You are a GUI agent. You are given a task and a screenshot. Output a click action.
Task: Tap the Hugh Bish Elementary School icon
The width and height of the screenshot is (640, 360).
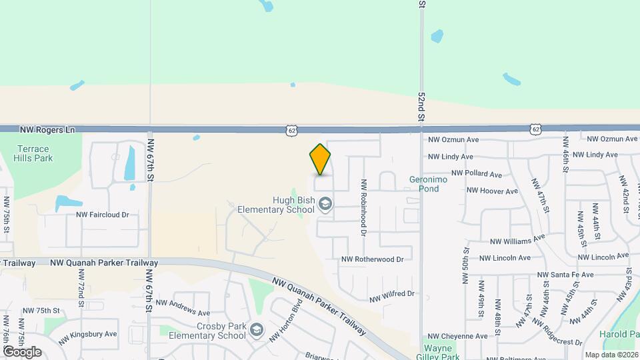click(326, 204)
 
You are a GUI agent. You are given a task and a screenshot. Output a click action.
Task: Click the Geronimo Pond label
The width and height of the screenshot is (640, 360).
click(424, 184)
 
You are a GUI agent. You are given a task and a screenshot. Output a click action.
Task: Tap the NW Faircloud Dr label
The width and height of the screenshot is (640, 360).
click(102, 215)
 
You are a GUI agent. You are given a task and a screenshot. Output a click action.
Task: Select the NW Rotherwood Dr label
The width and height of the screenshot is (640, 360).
click(373, 259)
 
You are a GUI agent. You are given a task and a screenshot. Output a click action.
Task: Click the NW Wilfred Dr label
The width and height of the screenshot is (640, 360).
click(392, 294)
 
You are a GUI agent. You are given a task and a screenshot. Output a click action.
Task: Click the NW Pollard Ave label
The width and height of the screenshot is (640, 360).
click(477, 174)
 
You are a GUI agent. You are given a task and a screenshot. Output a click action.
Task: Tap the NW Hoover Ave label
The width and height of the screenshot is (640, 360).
click(492, 191)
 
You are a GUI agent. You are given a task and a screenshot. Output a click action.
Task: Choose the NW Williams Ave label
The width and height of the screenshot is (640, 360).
click(517, 239)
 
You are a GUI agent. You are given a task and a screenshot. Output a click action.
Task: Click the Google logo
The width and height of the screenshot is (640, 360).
click(22, 352)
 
